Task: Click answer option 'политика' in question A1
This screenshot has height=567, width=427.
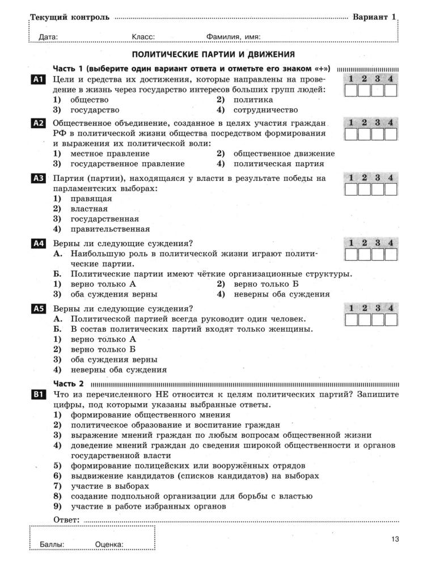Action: [249, 100]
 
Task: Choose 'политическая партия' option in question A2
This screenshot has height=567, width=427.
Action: [278, 164]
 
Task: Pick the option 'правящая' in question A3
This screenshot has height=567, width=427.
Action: [91, 198]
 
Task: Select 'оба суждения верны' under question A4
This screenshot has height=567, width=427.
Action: [113, 294]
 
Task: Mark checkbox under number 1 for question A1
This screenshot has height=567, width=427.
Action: [352, 90]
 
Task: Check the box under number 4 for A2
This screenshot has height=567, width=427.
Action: [391, 134]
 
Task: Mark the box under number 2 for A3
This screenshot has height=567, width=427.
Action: [365, 189]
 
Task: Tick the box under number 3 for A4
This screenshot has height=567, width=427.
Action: [378, 254]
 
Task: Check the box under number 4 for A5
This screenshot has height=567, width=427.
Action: [391, 319]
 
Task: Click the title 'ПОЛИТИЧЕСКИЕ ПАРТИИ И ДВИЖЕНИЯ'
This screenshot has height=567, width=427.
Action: [213, 54]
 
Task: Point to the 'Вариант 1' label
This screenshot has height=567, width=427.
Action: [374, 17]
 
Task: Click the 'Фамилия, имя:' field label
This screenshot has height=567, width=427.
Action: [233, 37]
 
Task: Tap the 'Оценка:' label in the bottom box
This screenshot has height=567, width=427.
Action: [109, 544]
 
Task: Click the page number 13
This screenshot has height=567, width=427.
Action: [395, 539]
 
